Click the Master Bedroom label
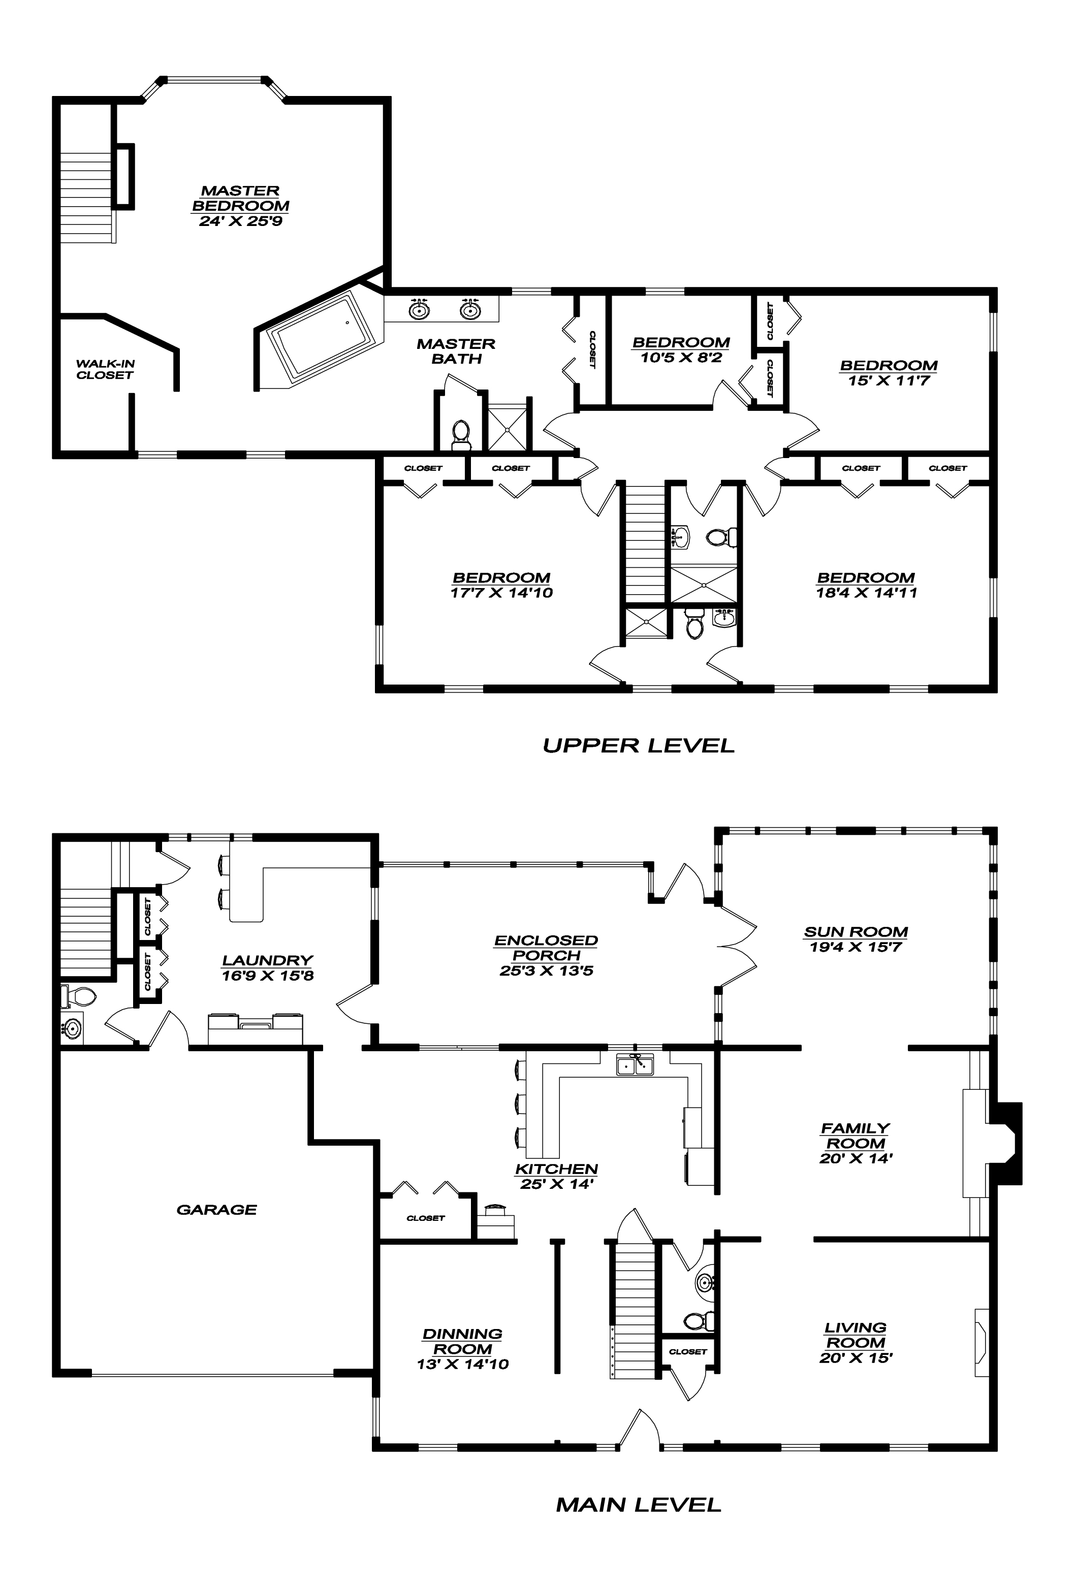point(241,198)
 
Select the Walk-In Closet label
point(105,369)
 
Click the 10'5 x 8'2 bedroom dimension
point(681,358)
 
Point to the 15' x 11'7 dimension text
point(889,380)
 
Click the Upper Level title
point(638,745)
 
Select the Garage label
point(216,1210)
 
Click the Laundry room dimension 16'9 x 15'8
point(267,976)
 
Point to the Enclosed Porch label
point(546,948)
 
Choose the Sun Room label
point(856,931)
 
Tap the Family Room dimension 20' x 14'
point(856,1158)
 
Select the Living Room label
point(856,1335)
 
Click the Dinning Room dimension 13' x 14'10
point(463,1365)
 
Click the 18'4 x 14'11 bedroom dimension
point(865,593)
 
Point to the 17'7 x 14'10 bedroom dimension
point(501,593)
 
